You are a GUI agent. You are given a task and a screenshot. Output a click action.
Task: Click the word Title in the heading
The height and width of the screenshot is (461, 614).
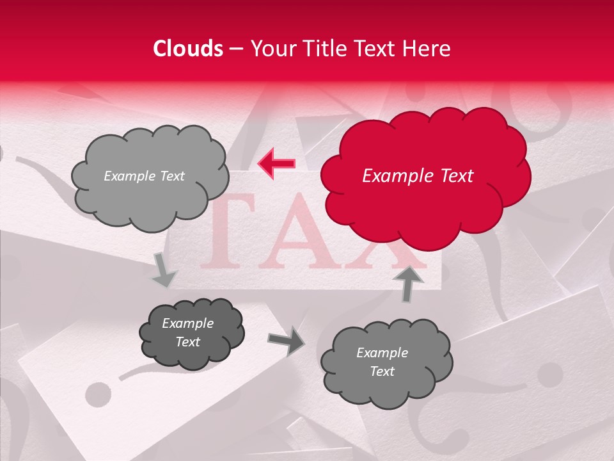[326, 49]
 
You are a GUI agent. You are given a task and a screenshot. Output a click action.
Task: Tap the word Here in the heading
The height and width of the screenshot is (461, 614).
[427, 49]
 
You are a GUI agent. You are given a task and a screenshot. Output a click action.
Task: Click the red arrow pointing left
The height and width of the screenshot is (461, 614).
[276, 164]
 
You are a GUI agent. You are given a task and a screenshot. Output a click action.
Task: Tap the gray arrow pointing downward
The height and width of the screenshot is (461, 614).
[164, 270]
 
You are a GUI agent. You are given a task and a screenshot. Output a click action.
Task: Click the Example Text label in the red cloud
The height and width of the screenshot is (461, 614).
[418, 176]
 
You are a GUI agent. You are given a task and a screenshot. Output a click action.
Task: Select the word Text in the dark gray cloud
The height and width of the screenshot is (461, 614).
[188, 342]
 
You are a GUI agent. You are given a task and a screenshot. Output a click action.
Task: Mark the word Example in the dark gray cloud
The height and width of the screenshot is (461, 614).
[188, 323]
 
